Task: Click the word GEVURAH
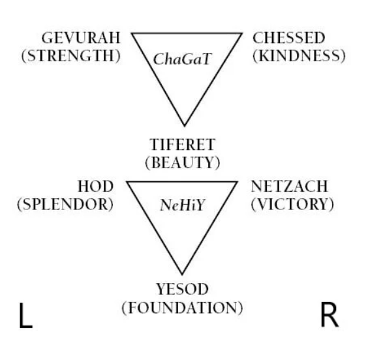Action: (81, 38)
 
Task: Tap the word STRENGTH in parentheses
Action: (71, 56)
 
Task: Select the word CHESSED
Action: (288, 38)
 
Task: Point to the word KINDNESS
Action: (299, 56)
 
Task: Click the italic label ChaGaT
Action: (182, 59)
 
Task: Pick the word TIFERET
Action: (183, 145)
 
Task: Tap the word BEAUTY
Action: (183, 162)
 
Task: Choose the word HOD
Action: (95, 187)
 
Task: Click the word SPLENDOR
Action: (65, 204)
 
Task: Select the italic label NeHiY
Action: (182, 205)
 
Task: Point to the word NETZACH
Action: (289, 187)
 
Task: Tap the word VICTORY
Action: (292, 204)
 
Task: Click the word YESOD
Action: (183, 289)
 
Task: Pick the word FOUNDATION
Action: (183, 307)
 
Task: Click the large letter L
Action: (25, 315)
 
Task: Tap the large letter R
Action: (330, 315)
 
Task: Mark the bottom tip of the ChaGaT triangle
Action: (185, 126)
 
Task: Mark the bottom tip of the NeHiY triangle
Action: (182, 274)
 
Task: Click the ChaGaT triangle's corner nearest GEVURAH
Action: (132, 33)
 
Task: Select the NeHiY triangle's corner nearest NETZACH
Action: (237, 182)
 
